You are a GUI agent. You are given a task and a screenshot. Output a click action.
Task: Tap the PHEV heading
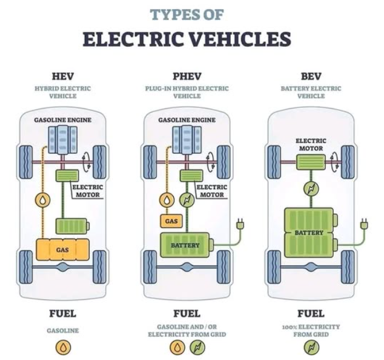click(x=187, y=76)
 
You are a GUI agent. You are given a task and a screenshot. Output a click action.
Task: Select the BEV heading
click(x=311, y=76)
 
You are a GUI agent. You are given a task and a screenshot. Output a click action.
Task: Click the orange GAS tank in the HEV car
click(x=62, y=249)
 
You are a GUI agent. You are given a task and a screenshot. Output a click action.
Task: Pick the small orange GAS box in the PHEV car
click(x=171, y=221)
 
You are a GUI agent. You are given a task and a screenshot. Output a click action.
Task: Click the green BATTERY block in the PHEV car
click(x=184, y=245)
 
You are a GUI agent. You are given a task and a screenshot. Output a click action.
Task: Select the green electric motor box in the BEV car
click(x=311, y=162)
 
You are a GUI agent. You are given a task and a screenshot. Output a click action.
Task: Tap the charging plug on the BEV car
click(x=364, y=224)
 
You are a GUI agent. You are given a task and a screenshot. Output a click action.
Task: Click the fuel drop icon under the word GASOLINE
click(x=63, y=347)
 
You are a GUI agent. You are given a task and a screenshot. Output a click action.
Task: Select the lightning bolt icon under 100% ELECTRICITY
click(x=311, y=347)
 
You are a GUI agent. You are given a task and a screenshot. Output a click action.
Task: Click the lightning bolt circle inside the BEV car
click(x=311, y=189)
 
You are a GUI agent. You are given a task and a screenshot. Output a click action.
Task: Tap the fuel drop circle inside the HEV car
click(x=42, y=199)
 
